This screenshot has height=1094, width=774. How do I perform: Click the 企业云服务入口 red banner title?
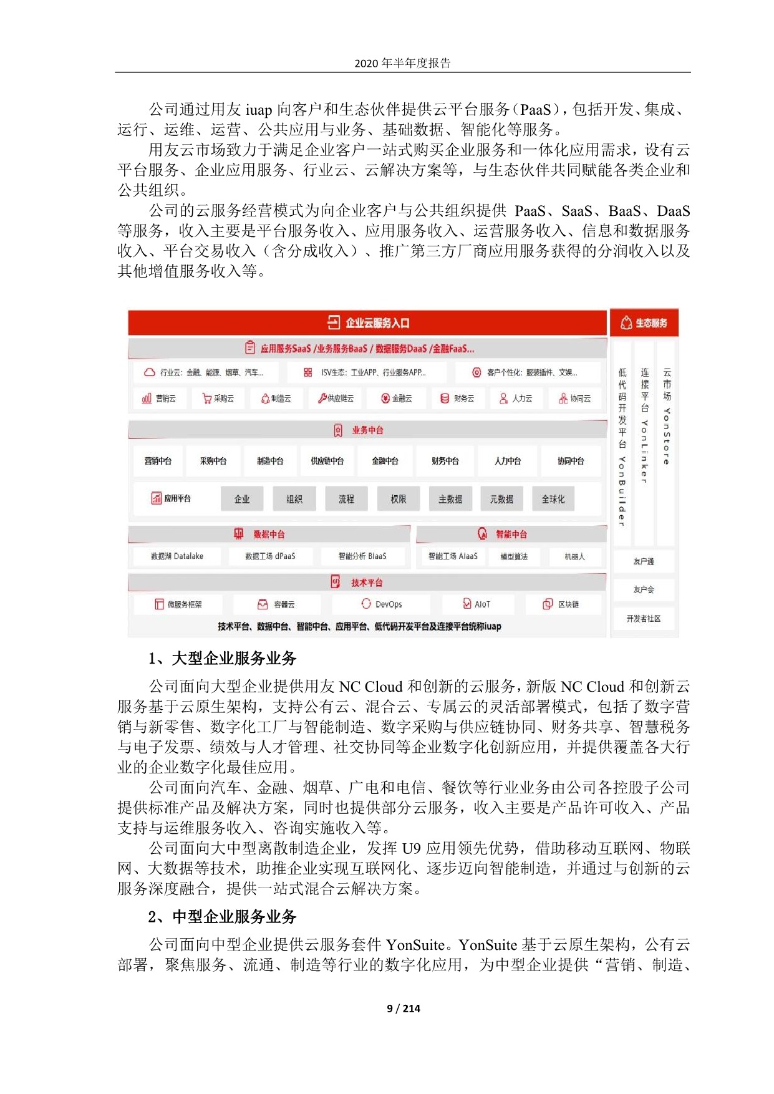pos(368,323)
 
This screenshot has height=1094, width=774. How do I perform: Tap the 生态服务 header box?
pos(644,323)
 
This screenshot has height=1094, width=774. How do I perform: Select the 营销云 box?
pos(159,398)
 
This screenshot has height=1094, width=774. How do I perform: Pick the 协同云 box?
pos(574,398)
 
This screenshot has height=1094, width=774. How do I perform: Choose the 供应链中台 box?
pos(327,461)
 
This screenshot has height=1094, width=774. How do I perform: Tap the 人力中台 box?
pos(508,461)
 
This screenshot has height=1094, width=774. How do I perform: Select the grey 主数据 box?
pos(450,499)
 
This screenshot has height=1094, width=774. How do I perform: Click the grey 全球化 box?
pos(553,499)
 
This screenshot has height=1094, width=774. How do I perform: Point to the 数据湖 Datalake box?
pos(177,556)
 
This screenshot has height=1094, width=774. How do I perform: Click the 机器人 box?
pos(574,556)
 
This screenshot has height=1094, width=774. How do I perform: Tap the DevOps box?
pos(382,604)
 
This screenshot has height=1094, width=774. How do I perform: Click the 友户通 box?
pos(644,561)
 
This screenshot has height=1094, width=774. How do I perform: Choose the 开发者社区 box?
pos(644,619)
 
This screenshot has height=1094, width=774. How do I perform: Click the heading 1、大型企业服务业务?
pos(222,659)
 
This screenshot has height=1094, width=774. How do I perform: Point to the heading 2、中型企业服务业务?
pos(222,917)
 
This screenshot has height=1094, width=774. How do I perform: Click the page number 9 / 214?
pos(404,1009)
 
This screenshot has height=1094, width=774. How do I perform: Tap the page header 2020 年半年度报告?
pos(402,63)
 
